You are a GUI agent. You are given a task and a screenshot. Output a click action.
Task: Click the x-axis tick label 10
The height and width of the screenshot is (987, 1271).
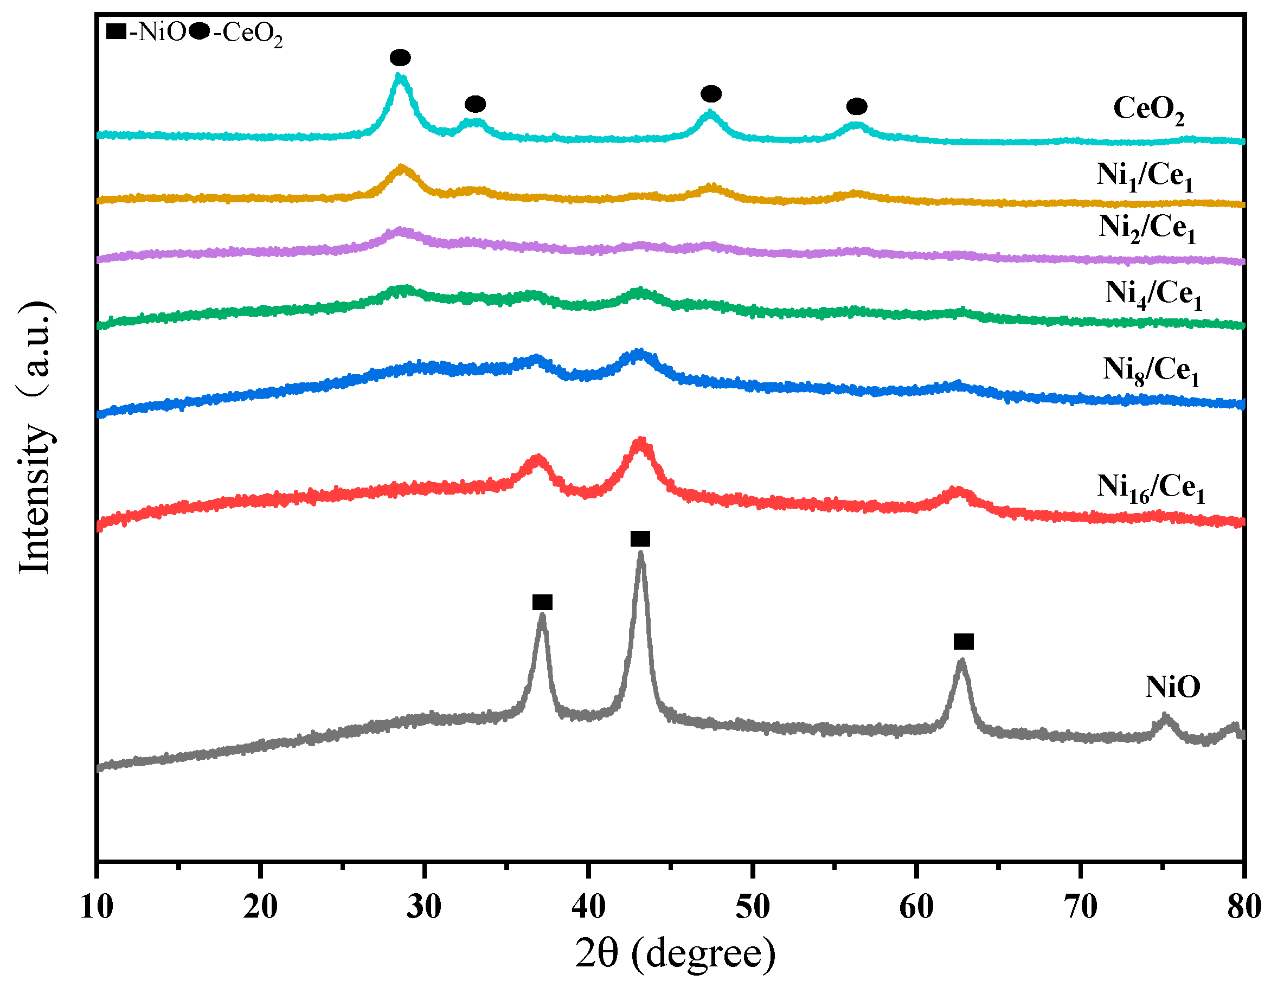(97, 907)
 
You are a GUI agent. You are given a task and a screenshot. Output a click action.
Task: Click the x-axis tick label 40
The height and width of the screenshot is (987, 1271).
(588, 907)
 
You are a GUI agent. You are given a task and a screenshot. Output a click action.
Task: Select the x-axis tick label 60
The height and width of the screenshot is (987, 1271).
(916, 907)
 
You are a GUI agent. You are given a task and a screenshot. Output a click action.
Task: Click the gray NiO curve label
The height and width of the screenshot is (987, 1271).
(1173, 687)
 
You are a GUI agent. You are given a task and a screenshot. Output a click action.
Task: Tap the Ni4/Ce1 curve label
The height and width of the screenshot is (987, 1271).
(1153, 294)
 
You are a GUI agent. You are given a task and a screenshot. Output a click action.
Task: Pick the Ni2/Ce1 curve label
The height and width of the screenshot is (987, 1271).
(1146, 228)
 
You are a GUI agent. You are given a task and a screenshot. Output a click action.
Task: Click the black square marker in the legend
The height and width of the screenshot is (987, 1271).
(117, 31)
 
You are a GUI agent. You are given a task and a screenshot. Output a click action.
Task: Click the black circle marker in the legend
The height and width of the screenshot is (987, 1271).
(200, 31)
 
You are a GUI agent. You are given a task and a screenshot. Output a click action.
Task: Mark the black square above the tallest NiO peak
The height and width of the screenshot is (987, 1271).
(640, 539)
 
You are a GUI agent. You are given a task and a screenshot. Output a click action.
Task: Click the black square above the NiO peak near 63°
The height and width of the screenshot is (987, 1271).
(963, 642)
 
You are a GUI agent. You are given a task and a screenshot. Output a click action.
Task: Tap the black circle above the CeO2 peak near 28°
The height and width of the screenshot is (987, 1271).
(400, 57)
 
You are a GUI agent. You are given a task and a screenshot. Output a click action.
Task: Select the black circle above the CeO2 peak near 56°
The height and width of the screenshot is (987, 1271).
(856, 106)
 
